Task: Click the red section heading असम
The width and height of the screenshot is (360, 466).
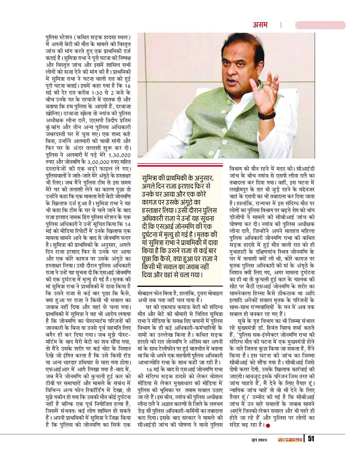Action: (x=261, y=25)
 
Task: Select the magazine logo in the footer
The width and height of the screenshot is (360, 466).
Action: (x=290, y=440)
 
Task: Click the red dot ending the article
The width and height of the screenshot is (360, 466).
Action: (x=268, y=425)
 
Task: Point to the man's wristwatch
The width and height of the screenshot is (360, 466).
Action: (x=267, y=114)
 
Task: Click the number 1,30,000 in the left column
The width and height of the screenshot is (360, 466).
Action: (x=119, y=155)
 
